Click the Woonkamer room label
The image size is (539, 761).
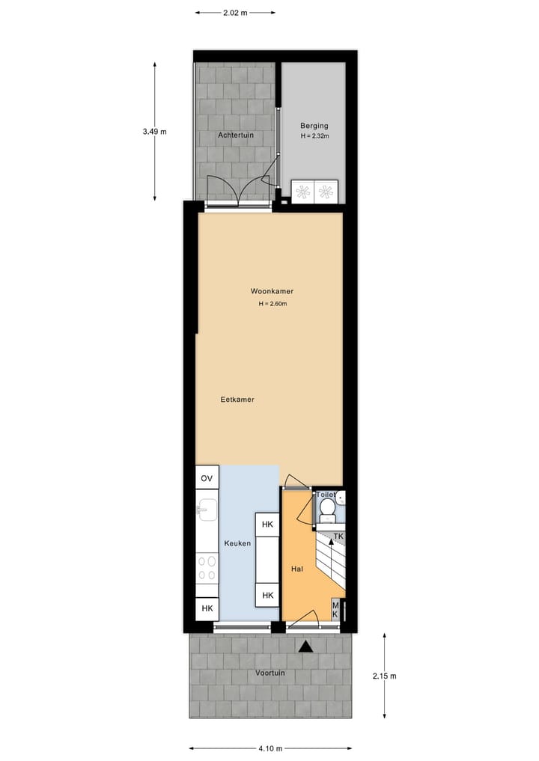click(x=272, y=291)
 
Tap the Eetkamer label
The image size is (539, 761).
click(x=237, y=400)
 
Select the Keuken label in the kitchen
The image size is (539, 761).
click(x=237, y=543)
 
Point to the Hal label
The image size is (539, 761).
click(x=297, y=569)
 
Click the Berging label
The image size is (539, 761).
click(x=314, y=126)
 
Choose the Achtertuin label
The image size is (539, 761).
click(x=236, y=135)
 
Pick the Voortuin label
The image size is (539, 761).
click(x=270, y=673)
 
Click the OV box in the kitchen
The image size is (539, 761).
click(x=207, y=477)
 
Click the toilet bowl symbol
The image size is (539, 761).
click(x=327, y=508)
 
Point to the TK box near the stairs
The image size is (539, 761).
click(x=338, y=537)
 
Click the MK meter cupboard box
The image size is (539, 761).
click(x=335, y=609)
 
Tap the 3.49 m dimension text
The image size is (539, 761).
click(x=154, y=132)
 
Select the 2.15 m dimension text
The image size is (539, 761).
click(x=384, y=676)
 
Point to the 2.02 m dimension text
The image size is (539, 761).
click(x=235, y=13)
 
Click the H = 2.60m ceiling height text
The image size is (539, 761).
click(x=272, y=304)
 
